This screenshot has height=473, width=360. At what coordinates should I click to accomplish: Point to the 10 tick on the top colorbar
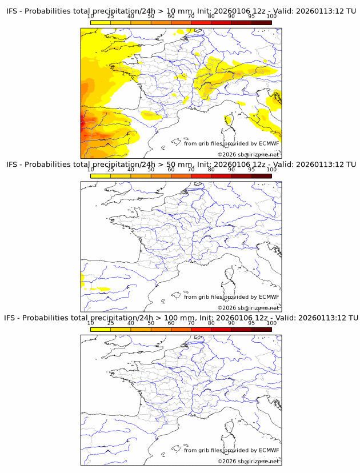coord(91,16)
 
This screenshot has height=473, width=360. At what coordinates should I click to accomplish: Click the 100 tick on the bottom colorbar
coord(271,323)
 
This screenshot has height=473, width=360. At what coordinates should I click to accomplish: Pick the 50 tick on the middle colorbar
coord(151,170)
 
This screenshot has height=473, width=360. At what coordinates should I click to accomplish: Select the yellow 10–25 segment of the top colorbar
coord(101,22)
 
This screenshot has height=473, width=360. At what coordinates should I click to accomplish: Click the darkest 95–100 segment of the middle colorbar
coord(261,176)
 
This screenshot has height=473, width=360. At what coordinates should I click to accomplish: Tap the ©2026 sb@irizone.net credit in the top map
coord(248,154)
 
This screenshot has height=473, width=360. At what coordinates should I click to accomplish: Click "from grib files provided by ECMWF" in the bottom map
coord(231,450)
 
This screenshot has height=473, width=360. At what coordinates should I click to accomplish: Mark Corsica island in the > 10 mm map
coord(229,120)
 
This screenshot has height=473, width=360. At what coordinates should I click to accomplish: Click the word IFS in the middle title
coord(12,165)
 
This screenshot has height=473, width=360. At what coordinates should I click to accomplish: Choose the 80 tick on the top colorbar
coord(211,16)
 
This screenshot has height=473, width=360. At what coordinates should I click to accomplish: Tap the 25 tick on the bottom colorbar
coord(111,323)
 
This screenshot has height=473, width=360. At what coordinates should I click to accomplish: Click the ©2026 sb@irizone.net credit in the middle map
coord(248,307)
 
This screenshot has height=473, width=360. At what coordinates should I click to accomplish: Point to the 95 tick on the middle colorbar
coord(251,170)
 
